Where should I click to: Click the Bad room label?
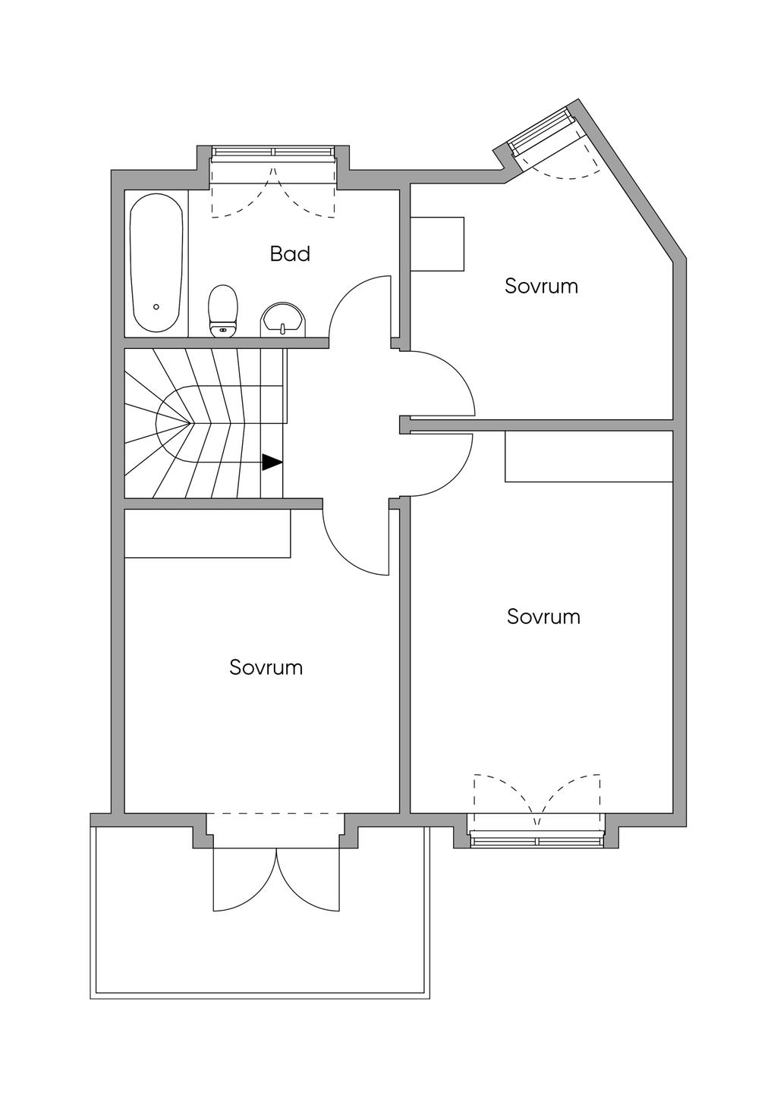tap(290, 253)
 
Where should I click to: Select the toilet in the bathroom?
tap(222, 310)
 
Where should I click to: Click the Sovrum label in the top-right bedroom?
tap(541, 286)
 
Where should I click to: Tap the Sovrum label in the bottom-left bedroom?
tap(266, 667)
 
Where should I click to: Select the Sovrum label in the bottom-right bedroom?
tap(543, 616)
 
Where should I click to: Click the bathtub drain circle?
tap(156, 307)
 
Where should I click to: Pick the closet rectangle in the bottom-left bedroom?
tap(207, 534)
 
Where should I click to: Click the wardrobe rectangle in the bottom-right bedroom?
tap(589, 456)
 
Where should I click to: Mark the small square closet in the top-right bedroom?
tap(436, 243)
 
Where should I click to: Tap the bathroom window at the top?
tap(273, 154)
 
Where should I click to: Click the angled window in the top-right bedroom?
tap(541, 133)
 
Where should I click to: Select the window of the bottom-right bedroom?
tap(536, 839)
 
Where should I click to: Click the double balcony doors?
tap(278, 880)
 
